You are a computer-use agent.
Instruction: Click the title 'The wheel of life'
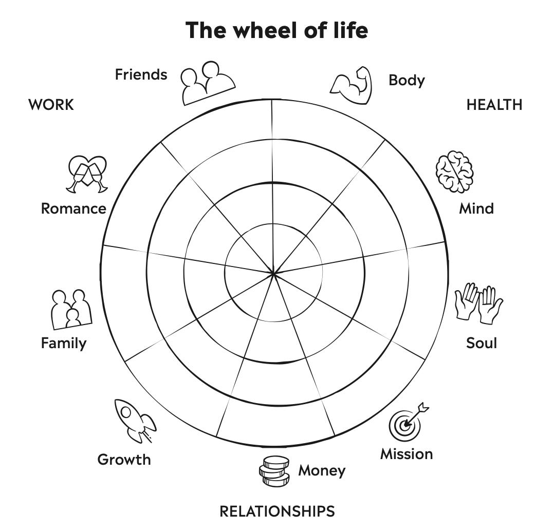[276, 30]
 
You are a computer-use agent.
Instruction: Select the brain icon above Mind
[454, 172]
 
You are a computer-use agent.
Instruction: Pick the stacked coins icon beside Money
[274, 471]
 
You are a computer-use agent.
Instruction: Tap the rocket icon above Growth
[135, 421]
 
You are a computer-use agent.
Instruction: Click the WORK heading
[51, 105]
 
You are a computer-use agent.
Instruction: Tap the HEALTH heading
[494, 105]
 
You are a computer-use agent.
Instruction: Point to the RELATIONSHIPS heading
[277, 511]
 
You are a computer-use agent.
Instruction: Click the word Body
[407, 81]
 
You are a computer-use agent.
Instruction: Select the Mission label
[407, 454]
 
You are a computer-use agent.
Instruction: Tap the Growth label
[124, 459]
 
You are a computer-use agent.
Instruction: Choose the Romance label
[73, 208]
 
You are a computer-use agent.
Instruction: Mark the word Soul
[482, 343]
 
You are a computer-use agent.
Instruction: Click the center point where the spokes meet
[274, 274]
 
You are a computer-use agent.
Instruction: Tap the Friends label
[141, 74]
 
